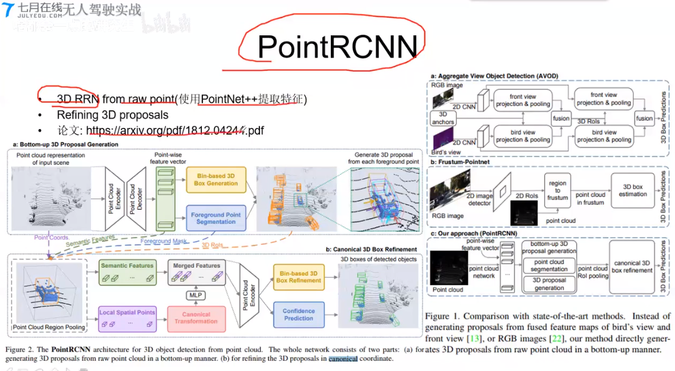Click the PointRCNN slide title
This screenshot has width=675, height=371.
point(337,47)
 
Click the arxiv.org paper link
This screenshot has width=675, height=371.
point(175,130)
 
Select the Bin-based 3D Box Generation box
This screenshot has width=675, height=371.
point(216,179)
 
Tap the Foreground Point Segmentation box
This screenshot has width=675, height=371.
point(216,218)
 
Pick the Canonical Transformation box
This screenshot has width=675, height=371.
point(196,318)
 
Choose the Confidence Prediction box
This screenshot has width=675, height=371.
point(298,314)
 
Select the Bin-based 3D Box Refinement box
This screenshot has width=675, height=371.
point(298,276)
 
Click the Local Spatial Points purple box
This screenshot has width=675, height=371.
point(127,318)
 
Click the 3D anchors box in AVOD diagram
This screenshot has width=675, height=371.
point(442,118)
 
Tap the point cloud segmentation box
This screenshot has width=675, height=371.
point(548,265)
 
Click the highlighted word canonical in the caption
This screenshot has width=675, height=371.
point(343,358)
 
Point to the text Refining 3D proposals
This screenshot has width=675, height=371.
point(113,115)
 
